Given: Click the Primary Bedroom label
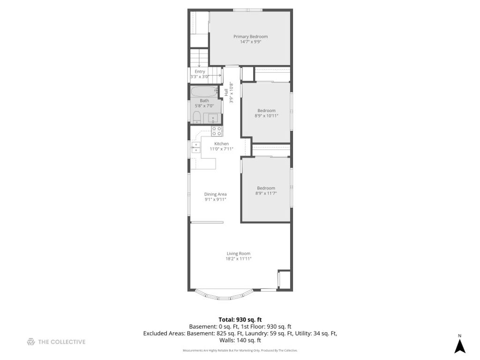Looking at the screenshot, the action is (x=250, y=37).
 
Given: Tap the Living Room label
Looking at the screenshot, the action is (x=239, y=254).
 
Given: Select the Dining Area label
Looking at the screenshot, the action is (x=216, y=194).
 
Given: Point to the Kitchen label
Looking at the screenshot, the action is (x=221, y=143).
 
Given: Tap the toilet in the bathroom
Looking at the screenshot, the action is (x=196, y=118).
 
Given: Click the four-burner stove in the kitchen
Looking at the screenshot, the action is (x=217, y=131).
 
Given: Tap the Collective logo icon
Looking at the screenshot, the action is (x=31, y=342).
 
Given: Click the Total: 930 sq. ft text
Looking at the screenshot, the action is (x=240, y=320).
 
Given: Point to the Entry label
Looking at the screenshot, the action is (x=200, y=71).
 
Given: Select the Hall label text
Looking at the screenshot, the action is (x=226, y=92).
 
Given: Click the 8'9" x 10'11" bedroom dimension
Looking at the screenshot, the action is (x=266, y=116).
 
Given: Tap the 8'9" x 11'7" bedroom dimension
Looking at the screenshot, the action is (x=266, y=193).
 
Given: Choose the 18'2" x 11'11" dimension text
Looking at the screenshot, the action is (x=239, y=259).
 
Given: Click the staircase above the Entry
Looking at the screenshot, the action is (x=199, y=58).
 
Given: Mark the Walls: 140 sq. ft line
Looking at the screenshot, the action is (x=240, y=340).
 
